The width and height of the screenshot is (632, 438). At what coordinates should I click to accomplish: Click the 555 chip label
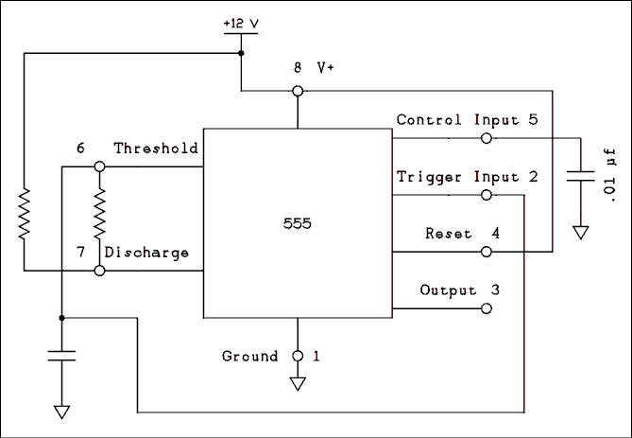pyautogui.click(x=298, y=224)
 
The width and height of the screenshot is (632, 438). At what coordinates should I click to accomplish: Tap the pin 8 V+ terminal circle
pyautogui.click(x=298, y=91)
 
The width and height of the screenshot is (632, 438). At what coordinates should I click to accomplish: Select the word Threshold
pyautogui.click(x=156, y=149)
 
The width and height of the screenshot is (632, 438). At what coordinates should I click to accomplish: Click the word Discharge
pyautogui.click(x=146, y=253)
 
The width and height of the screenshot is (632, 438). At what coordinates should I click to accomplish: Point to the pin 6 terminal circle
pyautogui.click(x=98, y=166)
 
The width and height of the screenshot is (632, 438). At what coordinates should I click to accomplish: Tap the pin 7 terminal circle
pyautogui.click(x=98, y=271)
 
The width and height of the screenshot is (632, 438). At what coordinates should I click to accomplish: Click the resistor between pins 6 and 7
pyautogui.click(x=98, y=218)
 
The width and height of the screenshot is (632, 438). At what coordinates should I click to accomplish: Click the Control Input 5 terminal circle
pyautogui.click(x=486, y=138)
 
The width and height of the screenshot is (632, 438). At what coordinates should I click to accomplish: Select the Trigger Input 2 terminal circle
pyautogui.click(x=486, y=195)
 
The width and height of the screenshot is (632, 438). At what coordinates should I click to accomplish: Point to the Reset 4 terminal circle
pyautogui.click(x=486, y=252)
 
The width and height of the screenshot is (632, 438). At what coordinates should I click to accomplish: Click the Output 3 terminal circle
pyautogui.click(x=486, y=308)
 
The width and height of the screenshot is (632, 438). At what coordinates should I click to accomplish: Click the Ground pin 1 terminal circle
pyautogui.click(x=298, y=357)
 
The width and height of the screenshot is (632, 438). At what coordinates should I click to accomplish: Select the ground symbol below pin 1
pyautogui.click(x=298, y=385)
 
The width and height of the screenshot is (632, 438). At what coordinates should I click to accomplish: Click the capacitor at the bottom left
pyautogui.click(x=61, y=357)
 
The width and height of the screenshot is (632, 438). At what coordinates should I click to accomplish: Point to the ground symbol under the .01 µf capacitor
pyautogui.click(x=580, y=230)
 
